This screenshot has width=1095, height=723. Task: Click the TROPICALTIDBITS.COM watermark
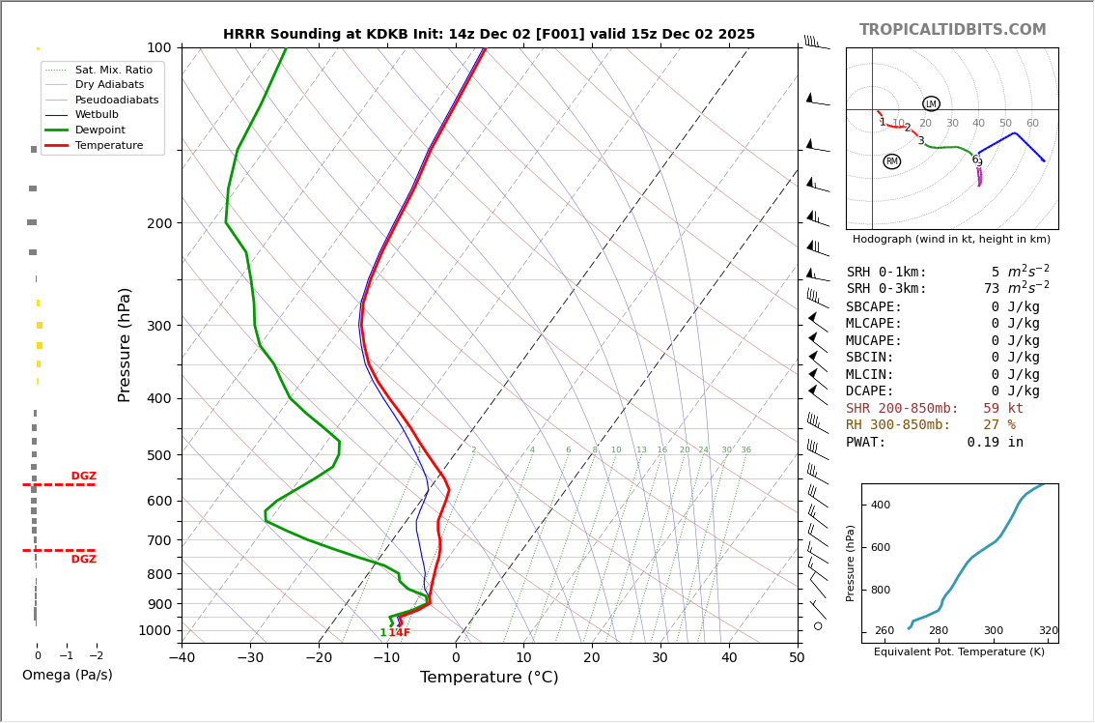952,30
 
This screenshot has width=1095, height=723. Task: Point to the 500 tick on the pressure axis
159,455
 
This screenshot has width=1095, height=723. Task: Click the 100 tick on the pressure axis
159,47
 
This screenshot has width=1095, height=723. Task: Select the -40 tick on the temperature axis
182,658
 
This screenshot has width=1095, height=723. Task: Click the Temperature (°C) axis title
489,678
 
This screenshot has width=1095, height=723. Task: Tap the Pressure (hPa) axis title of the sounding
125,344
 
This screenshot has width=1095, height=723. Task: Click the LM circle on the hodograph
931,103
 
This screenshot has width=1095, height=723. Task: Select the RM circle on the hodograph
891,161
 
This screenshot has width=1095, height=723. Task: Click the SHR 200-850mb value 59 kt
1002,409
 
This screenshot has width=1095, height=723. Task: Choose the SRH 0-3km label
885,289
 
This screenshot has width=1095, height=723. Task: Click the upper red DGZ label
83,477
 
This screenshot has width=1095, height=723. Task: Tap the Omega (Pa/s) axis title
67,675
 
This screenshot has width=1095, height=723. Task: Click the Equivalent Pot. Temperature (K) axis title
959,651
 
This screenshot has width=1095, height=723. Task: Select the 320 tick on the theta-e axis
1048,631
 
